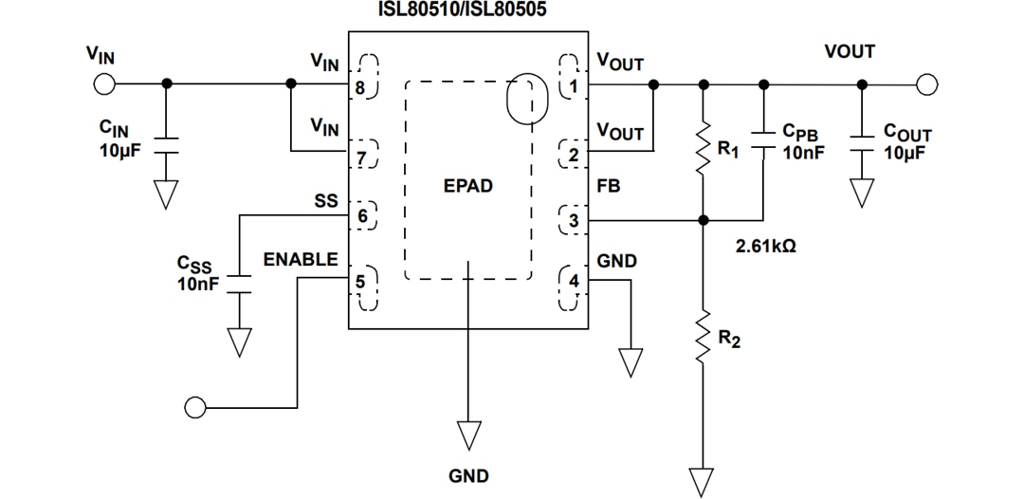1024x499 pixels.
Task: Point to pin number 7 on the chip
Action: (361, 156)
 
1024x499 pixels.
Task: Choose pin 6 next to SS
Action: (361, 216)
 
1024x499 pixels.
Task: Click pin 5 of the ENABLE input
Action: (360, 281)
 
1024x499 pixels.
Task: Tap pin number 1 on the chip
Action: (573, 86)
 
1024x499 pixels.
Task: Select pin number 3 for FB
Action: (574, 222)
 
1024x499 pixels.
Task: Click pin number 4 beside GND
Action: (574, 282)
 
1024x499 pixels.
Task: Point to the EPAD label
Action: (467, 186)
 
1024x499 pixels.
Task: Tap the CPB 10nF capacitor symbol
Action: (763, 144)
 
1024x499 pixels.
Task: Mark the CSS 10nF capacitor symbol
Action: (240, 285)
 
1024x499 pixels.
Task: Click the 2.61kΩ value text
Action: (767, 246)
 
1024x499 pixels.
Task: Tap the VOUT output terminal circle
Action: (927, 84)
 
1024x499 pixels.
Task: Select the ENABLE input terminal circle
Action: (195, 408)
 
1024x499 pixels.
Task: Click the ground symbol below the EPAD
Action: (467, 435)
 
